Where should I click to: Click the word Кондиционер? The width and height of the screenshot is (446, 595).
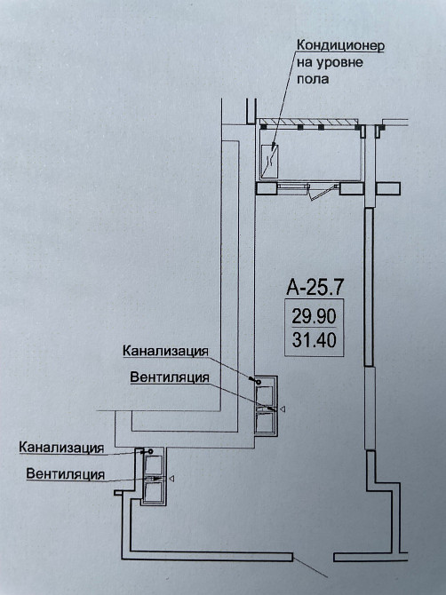(339, 45)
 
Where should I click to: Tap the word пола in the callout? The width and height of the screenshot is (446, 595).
(312, 79)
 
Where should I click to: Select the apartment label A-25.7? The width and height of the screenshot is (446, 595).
(313, 287)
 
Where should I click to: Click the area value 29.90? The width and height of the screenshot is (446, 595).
(313, 315)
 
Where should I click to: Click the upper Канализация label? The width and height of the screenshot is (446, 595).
(166, 350)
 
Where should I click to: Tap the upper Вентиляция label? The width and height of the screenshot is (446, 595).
(170, 377)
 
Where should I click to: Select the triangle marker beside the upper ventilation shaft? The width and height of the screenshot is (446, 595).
(283, 409)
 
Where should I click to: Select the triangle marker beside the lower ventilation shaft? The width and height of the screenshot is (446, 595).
(171, 479)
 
